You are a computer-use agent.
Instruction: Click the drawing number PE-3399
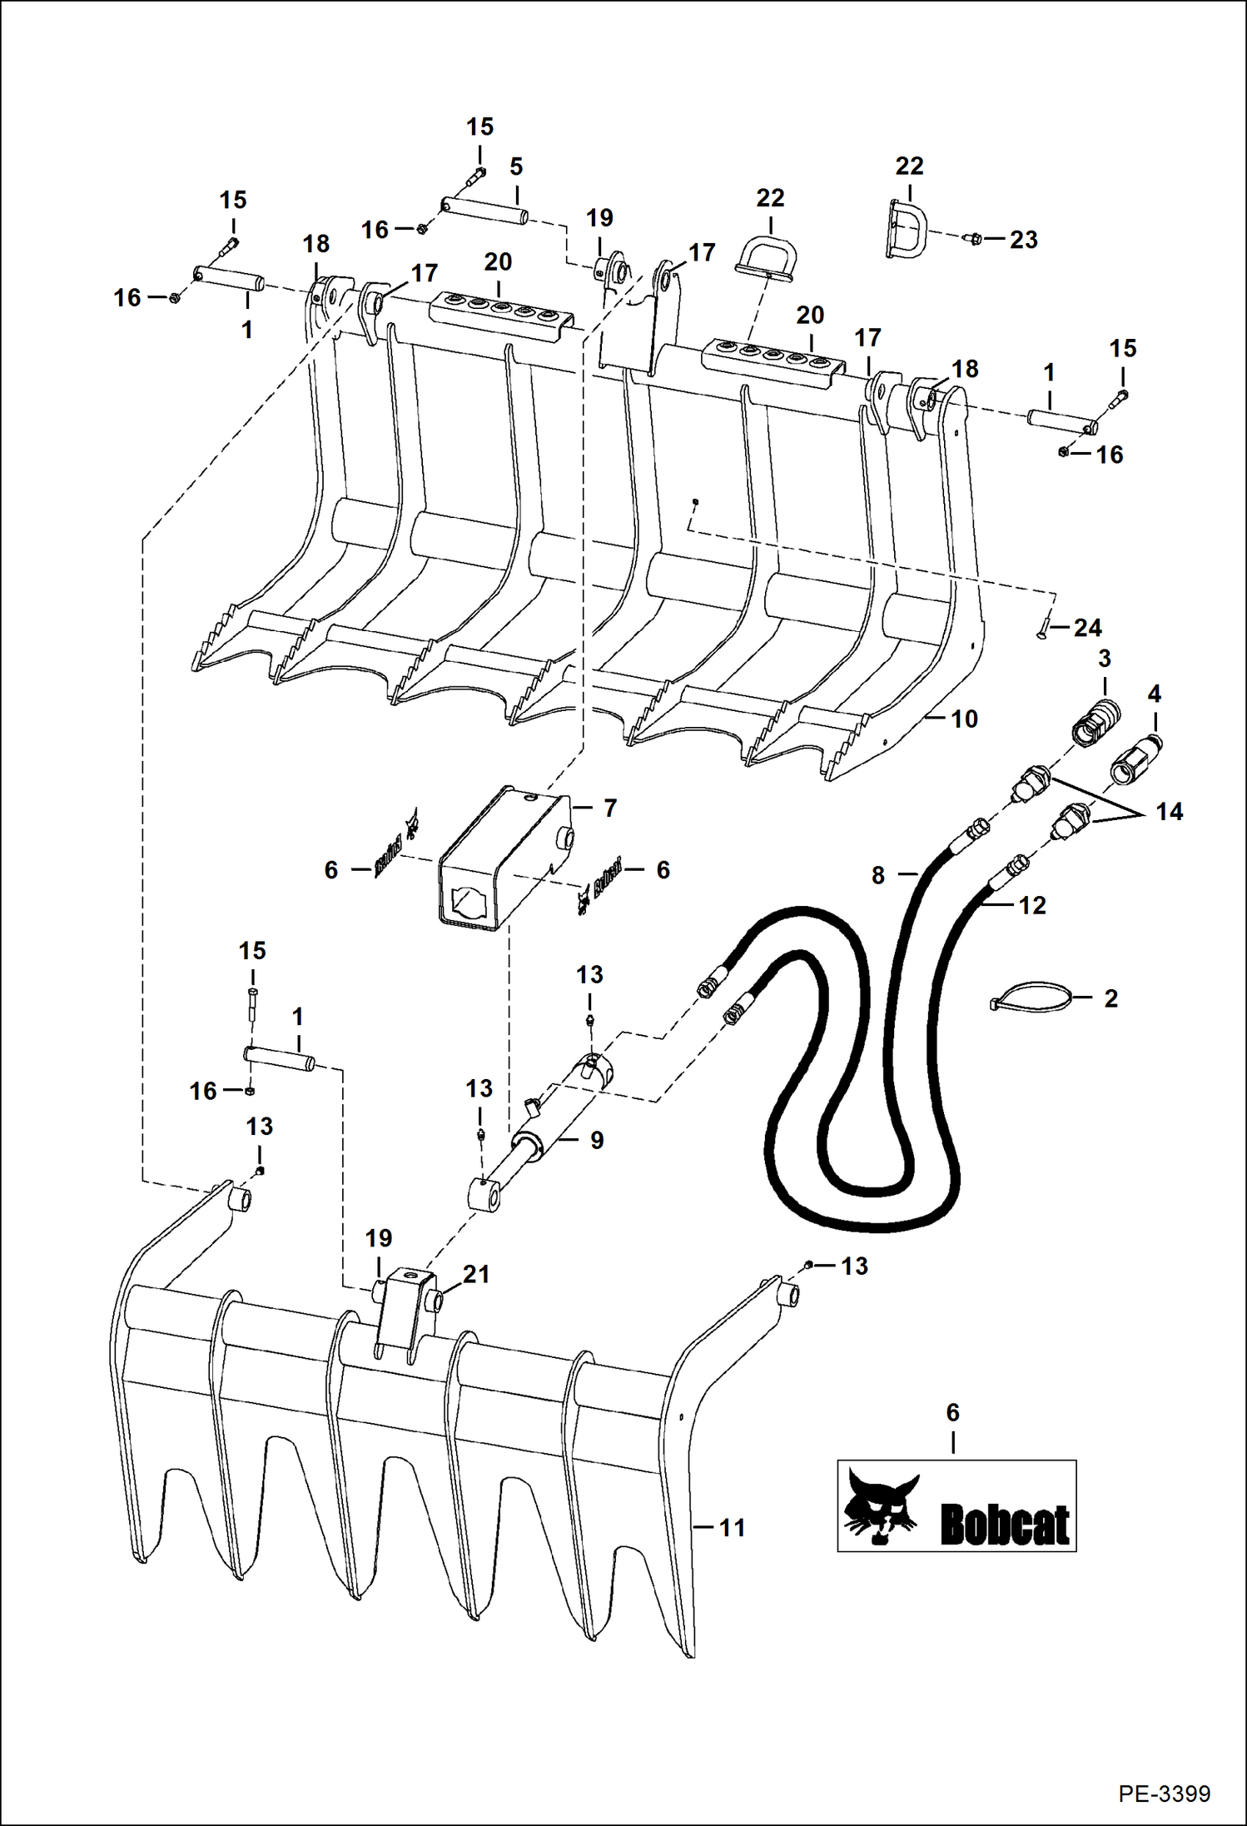[1164, 1793]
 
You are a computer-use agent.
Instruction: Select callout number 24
[1087, 628]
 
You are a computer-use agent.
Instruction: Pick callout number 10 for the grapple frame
[964, 719]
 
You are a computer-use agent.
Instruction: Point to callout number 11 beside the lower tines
[732, 1528]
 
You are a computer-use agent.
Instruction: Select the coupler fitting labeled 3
[1095, 719]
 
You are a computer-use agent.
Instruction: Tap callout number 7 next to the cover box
[609, 808]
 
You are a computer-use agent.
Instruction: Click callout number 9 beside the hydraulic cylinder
[596, 1140]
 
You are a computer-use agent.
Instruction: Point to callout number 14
[1169, 812]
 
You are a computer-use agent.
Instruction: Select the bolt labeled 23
[973, 240]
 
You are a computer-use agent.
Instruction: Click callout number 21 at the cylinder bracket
[476, 1275]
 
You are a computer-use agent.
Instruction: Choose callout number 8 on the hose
[878, 875]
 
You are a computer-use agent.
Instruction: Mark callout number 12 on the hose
[1031, 905]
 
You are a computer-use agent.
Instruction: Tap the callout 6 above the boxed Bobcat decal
[952, 1412]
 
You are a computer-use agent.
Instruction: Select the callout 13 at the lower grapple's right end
[854, 1266]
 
